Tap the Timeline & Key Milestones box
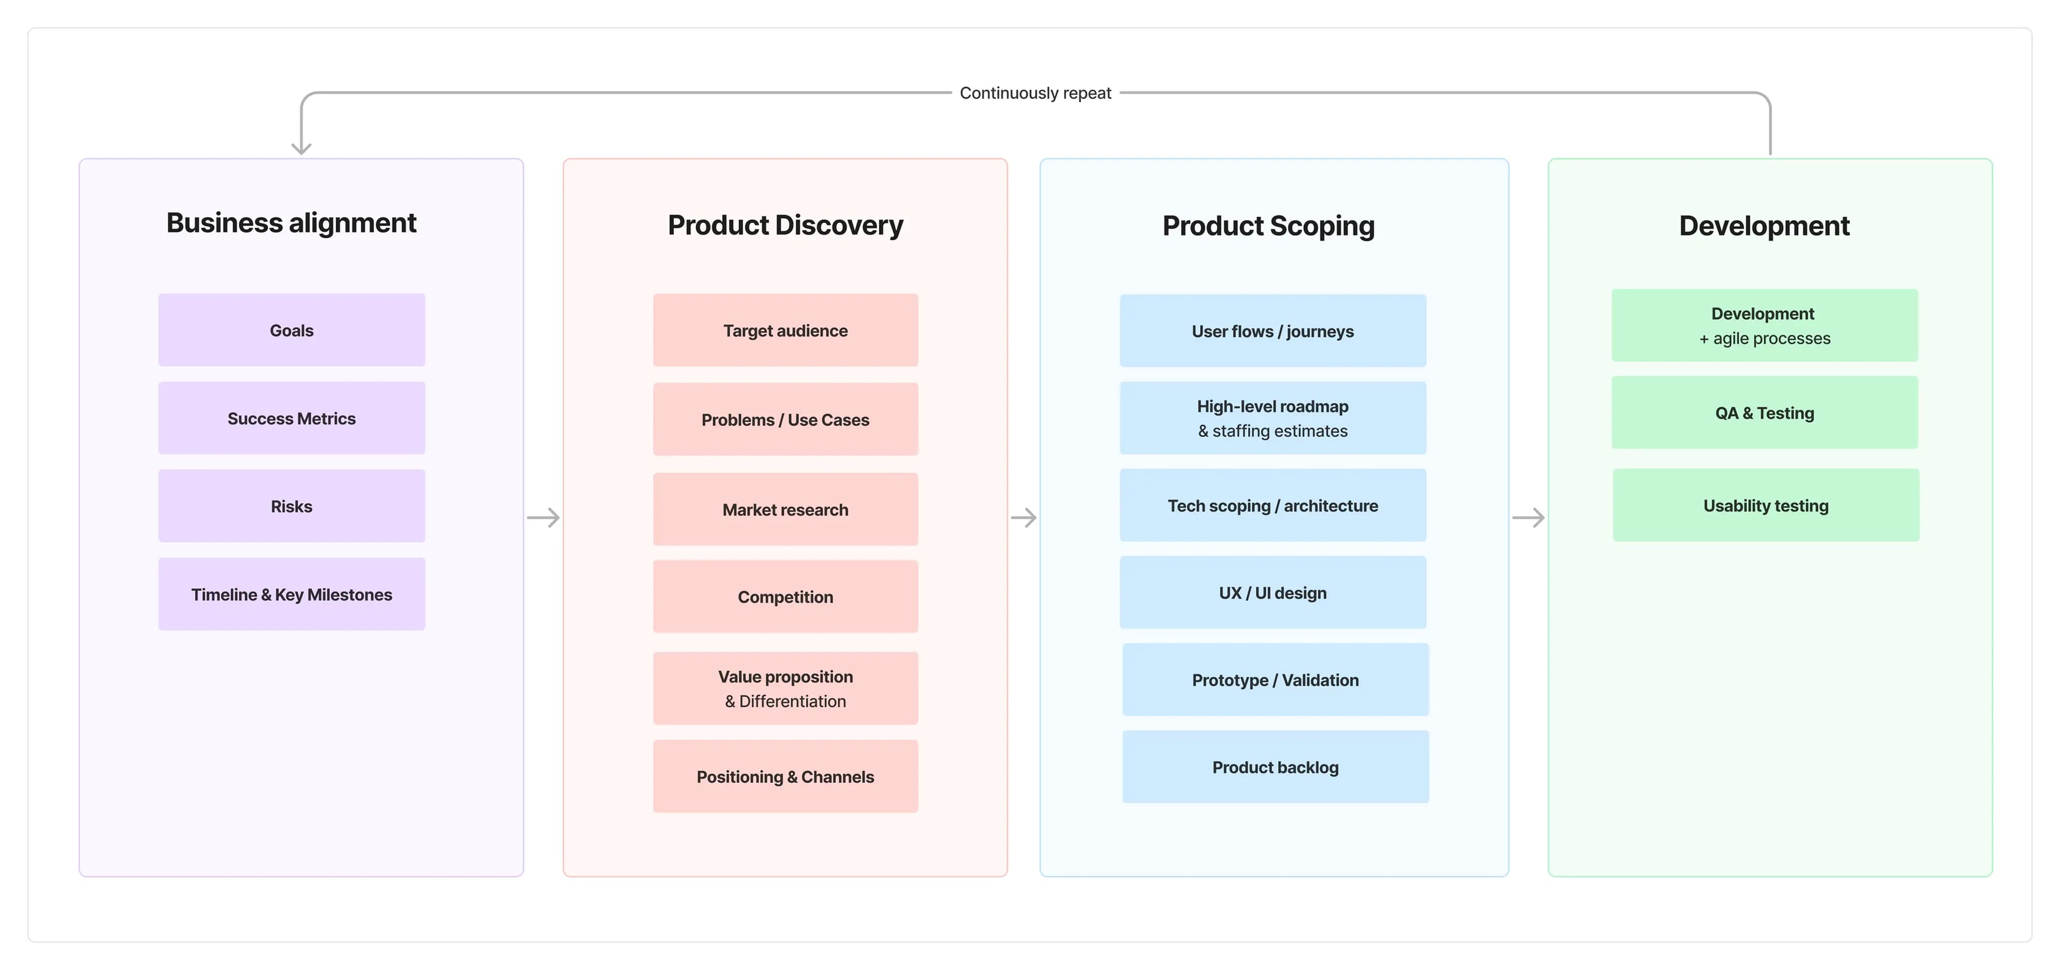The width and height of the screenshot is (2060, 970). tap(291, 593)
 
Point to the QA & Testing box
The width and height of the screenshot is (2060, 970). tap(1764, 412)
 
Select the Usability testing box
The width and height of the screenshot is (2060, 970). tap(1765, 505)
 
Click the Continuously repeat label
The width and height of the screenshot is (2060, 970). tap(1035, 93)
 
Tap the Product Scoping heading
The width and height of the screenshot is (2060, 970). tap(1268, 225)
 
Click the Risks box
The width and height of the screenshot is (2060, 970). tap(291, 505)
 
